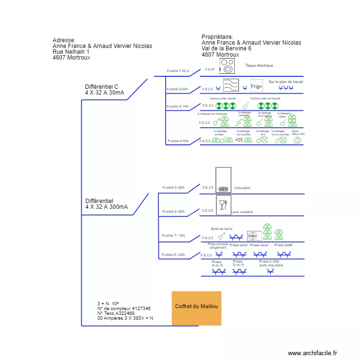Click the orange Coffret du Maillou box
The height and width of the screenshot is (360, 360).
tap(196, 308)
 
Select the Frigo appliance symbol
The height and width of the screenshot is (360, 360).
tap(256, 85)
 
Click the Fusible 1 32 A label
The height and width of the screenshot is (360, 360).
tap(178, 71)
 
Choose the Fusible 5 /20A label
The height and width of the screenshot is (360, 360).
tap(173, 188)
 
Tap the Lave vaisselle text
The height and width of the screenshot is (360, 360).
tap(242, 212)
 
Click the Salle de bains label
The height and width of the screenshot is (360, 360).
tap(221, 228)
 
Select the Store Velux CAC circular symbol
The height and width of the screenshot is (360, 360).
tap(297, 141)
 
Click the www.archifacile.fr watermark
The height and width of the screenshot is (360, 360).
tap(312, 353)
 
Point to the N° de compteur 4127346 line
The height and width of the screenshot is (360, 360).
tap(124, 309)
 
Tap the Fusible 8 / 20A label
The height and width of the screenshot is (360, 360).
tap(173, 255)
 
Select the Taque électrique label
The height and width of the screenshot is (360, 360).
tap(259, 65)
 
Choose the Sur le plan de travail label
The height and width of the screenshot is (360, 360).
tap(286, 82)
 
